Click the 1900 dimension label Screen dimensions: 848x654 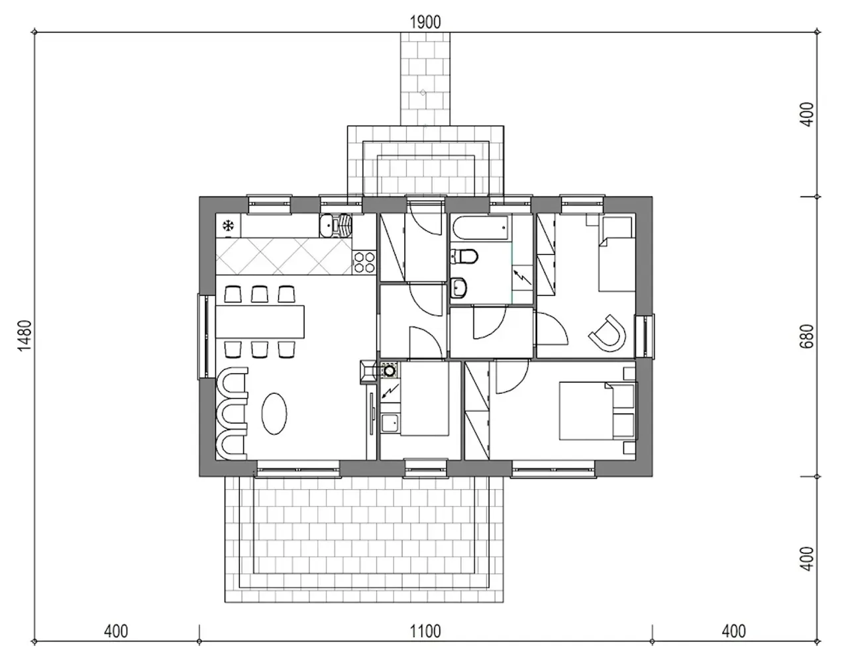pyautogui.click(x=425, y=23)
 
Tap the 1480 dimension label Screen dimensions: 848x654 pyautogui.click(x=25, y=335)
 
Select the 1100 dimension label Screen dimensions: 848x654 pyautogui.click(x=425, y=631)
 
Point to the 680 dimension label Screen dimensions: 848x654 pyautogui.click(x=807, y=336)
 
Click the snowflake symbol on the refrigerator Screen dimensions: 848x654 pyautogui.click(x=228, y=225)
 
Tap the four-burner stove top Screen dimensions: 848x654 pyautogui.click(x=364, y=262)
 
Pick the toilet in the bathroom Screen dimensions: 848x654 pyautogui.click(x=464, y=256)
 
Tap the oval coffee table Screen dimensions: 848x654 pyautogui.click(x=274, y=414)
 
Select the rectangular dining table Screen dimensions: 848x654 pyautogui.click(x=260, y=322)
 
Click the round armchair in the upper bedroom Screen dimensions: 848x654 pyautogui.click(x=608, y=333)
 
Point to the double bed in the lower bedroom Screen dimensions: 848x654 pyautogui.click(x=598, y=411)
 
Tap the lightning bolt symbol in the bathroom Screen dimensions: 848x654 pyautogui.click(x=522, y=277)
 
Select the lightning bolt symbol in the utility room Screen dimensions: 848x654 pyautogui.click(x=391, y=391)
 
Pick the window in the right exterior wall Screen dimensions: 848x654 pyautogui.click(x=645, y=336)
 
